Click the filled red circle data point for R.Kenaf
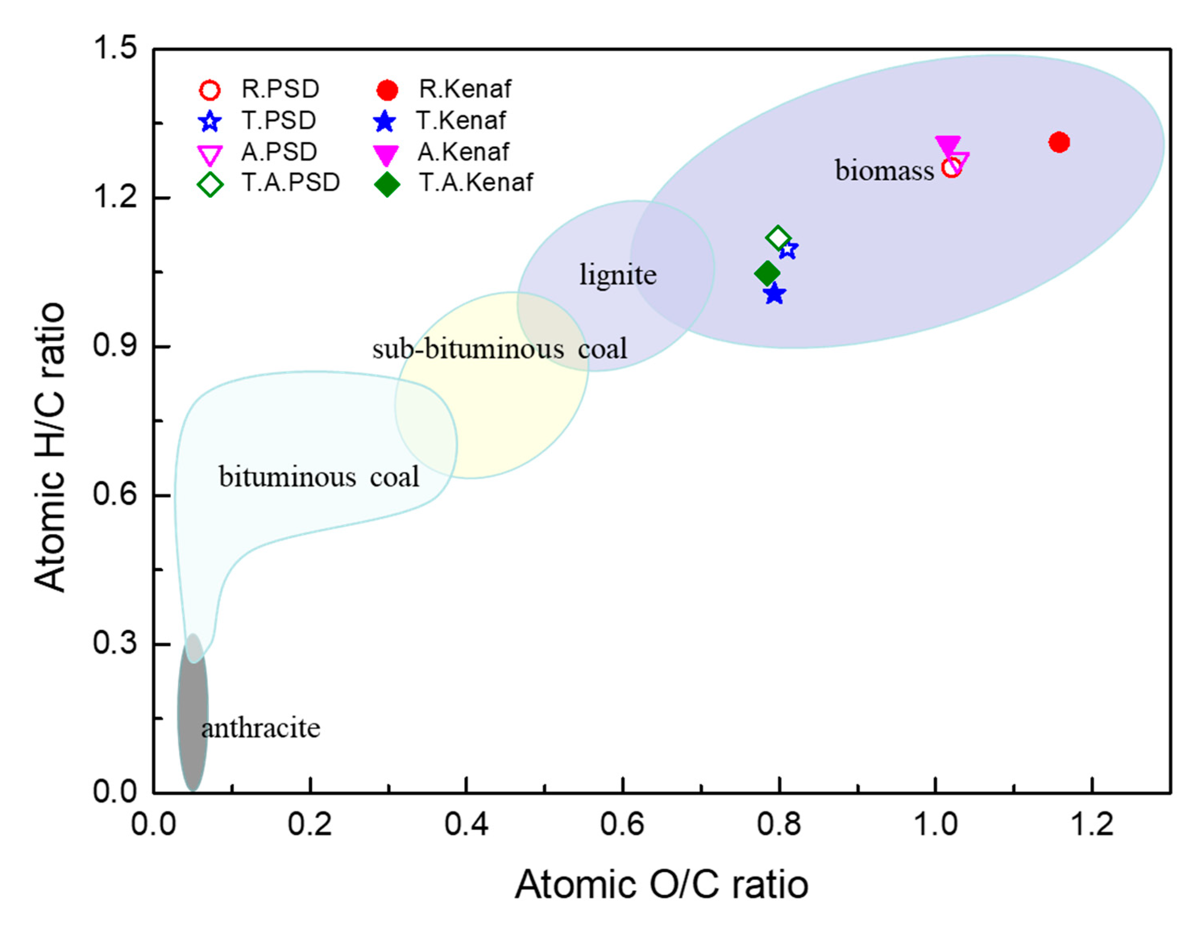coord(1059,143)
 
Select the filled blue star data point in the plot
coord(774,294)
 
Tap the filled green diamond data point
coord(767,273)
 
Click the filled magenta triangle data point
coord(947,145)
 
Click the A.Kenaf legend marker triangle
coord(386,155)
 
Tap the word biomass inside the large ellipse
coord(884,170)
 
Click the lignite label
coord(618,275)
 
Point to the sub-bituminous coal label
coord(499,349)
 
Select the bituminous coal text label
coord(319,477)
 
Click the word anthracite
coord(261,728)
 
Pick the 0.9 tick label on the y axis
coord(115,346)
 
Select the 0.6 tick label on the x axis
coord(622,824)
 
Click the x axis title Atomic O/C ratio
coord(661,884)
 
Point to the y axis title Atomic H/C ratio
coord(50,447)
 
